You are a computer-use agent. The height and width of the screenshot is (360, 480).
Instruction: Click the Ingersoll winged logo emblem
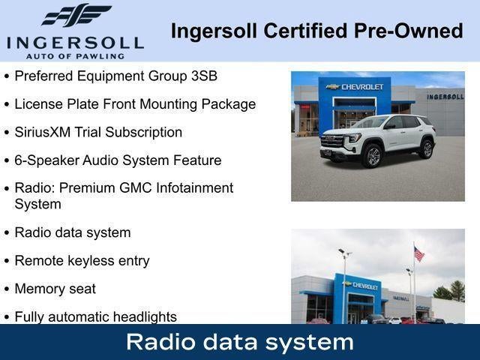tap(75, 15)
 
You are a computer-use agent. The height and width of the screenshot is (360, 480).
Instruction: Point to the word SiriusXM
tap(43, 132)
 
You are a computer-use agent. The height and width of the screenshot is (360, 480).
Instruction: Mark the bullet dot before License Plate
tap(7, 105)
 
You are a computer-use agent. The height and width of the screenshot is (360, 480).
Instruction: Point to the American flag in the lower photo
tap(418, 254)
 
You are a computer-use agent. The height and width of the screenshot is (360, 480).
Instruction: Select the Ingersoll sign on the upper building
tap(445, 97)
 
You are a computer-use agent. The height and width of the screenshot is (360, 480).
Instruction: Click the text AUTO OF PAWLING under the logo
tap(74, 55)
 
